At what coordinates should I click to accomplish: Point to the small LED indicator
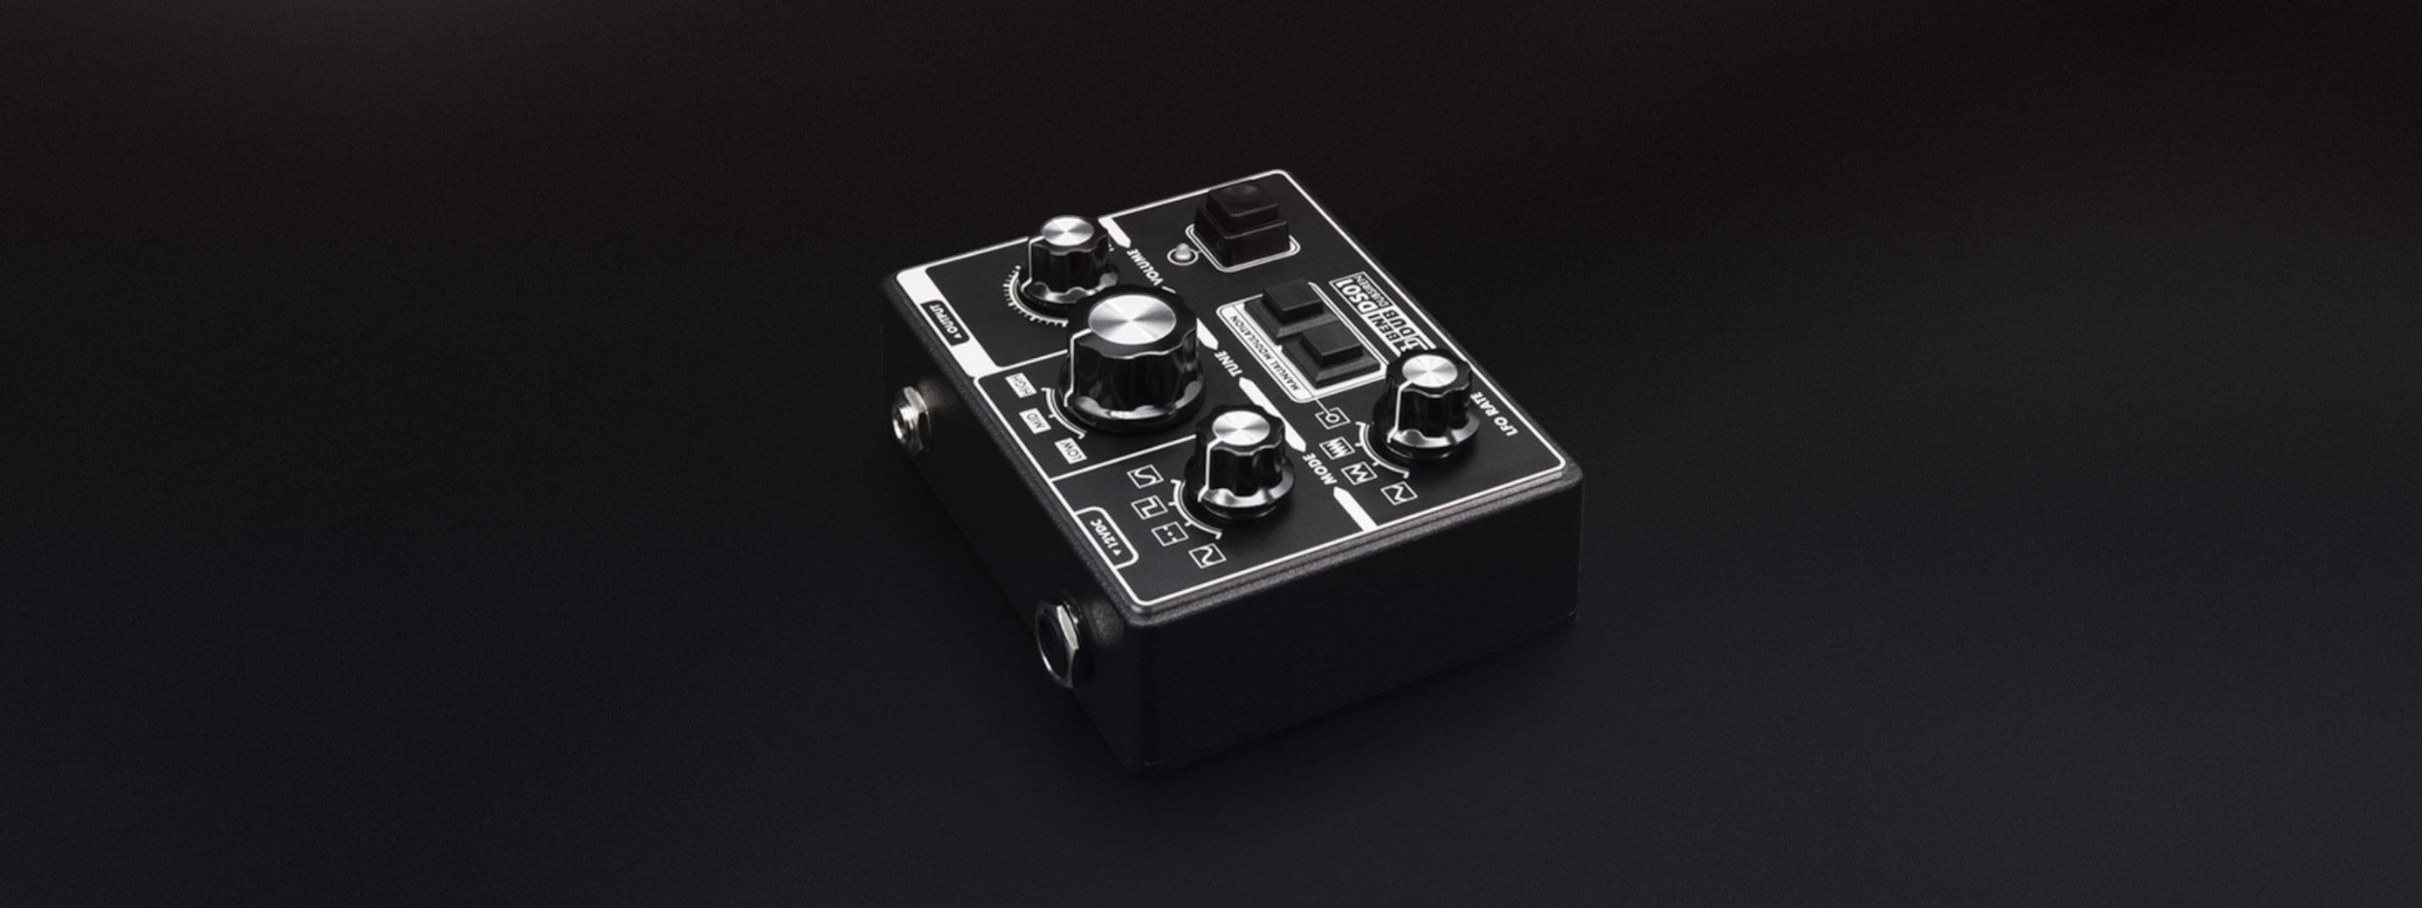click(x=1181, y=253)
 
